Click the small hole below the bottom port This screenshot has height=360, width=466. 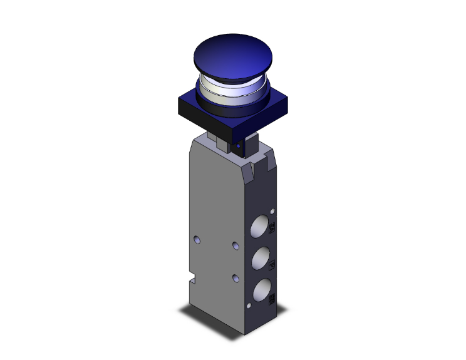[249, 306]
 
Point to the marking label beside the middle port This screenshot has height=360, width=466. [272, 265]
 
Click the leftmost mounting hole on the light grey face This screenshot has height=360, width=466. [197, 239]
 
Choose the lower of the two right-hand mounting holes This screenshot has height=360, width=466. [235, 277]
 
